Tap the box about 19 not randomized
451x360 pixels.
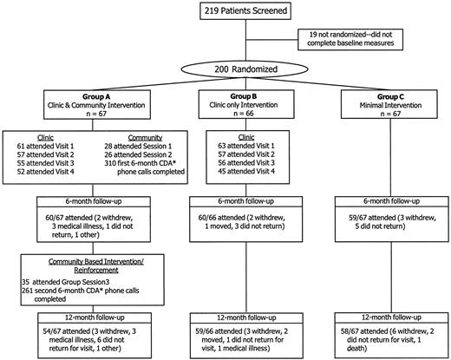click(x=356, y=39)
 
